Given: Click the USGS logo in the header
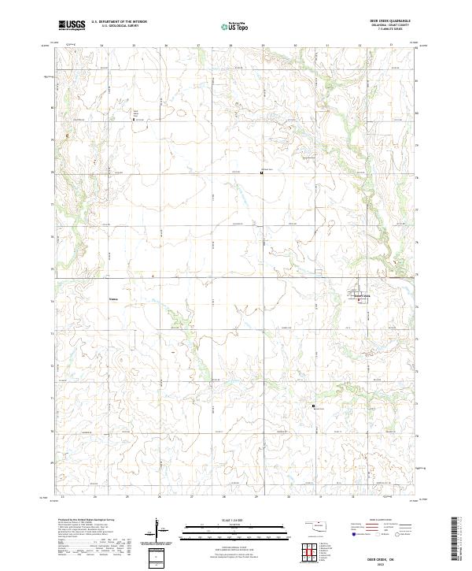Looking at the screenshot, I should [72, 25].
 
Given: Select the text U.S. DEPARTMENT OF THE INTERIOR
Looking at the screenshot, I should [119, 22].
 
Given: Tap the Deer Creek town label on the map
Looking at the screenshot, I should [360, 296].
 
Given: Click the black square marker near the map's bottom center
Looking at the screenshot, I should [313, 406].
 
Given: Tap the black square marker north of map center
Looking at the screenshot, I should [261, 173].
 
